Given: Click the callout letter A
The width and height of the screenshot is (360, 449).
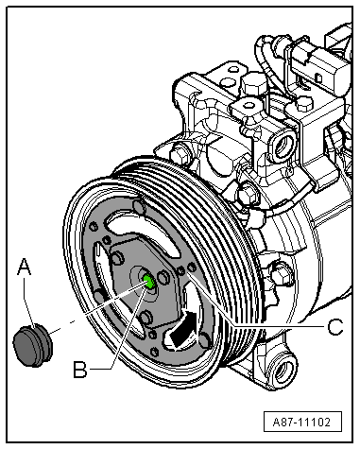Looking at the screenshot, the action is [25, 268].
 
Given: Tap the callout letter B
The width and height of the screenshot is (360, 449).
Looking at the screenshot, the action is [80, 370].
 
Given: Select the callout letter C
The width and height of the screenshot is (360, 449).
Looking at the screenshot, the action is [335, 327].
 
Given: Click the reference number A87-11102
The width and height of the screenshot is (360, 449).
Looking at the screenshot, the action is [301, 422].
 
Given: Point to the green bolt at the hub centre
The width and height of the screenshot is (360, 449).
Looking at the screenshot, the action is [148, 281].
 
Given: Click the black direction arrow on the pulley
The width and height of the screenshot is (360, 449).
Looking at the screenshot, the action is [183, 330].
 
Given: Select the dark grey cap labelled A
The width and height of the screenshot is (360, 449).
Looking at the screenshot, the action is [32, 345].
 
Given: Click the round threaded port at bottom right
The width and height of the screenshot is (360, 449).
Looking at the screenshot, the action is [283, 369].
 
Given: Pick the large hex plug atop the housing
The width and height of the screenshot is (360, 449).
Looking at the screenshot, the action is [254, 82].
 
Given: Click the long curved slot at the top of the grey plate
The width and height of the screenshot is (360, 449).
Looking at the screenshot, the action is [144, 233].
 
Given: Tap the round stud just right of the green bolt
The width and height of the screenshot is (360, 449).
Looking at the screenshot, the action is [163, 277].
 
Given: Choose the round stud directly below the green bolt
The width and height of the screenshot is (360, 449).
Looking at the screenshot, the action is [146, 318].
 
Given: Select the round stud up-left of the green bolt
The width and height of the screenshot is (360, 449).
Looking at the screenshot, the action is [117, 257].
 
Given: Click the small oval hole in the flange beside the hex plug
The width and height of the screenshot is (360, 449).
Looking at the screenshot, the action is [233, 68].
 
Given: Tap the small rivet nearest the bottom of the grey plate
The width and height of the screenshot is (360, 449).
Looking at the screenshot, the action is [155, 352].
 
